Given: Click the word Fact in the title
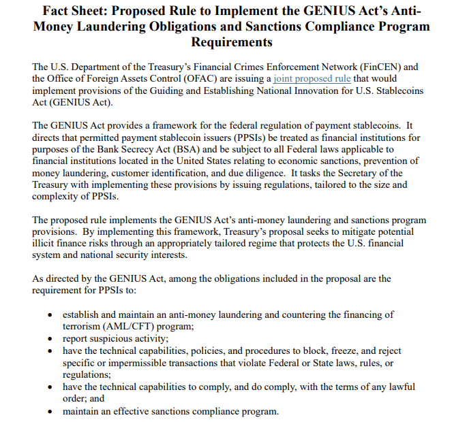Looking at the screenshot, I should coord(59,12).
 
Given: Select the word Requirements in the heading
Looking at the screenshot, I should coord(232,42).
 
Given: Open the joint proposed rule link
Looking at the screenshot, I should coord(312,79).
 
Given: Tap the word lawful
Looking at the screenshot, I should coord(402,387).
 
